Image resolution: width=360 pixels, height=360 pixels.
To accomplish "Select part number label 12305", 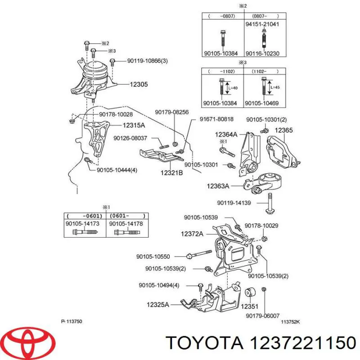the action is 139,84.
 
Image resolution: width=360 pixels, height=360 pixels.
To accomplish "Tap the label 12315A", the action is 134,126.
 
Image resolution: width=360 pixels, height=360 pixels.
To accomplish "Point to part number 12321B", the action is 171,173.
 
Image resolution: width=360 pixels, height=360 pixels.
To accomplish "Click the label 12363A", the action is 218,186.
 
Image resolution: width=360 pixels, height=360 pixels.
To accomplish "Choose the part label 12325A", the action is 158,305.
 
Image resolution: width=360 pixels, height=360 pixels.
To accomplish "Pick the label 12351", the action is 250,306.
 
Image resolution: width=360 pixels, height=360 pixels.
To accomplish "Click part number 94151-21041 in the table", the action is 262,24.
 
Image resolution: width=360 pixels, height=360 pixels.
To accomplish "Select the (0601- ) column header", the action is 127,216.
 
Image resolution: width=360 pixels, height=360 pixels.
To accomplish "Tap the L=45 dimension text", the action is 275,87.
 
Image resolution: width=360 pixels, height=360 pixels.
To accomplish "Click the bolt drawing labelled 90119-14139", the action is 270,203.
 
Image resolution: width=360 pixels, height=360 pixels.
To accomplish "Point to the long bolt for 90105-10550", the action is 199,254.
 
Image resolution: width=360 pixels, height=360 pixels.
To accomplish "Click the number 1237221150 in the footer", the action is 303,343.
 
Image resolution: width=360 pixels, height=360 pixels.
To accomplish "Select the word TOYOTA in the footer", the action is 204,343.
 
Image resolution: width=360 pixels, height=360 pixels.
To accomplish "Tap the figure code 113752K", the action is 290,322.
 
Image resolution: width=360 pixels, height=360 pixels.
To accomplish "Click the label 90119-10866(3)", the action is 148,61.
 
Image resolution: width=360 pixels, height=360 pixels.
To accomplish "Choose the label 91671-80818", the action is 216,119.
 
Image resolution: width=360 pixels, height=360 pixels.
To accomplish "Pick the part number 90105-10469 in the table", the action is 262,103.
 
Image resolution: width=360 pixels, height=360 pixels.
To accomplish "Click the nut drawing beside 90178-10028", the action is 72,120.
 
